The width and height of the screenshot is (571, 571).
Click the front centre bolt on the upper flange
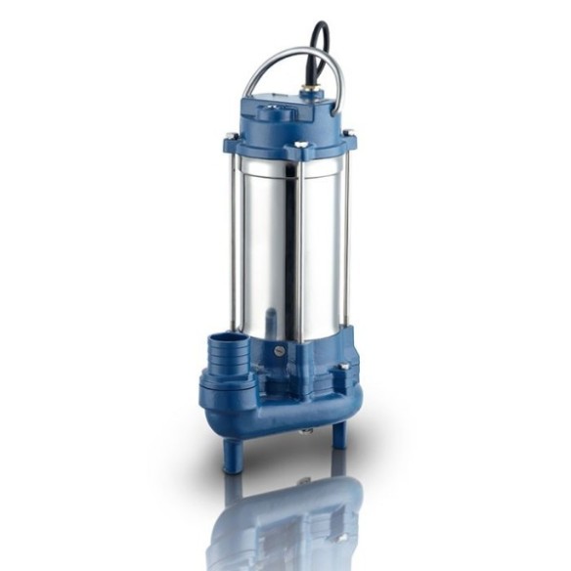301,146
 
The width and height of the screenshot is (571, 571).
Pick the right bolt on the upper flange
349,134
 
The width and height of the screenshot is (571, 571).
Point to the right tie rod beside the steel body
345,244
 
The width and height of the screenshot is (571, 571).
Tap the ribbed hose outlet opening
226,344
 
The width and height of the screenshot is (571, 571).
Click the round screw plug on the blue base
282,349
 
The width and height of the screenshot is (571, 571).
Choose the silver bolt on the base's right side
344,368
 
